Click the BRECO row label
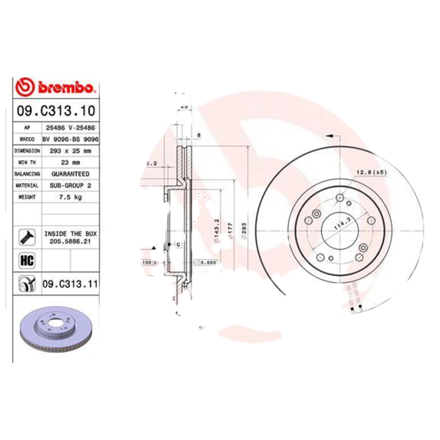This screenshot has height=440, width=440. coord(27,139)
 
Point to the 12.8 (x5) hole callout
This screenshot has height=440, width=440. coord(372,173)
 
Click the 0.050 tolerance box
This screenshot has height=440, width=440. coord(208,262)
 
